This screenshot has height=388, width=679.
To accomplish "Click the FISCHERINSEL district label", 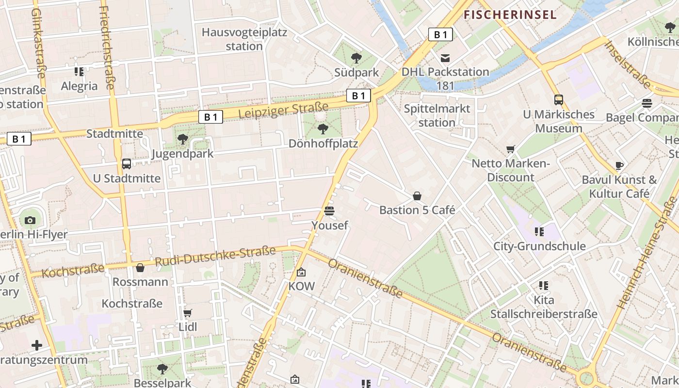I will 510,15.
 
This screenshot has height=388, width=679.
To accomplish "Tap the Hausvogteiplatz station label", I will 244,39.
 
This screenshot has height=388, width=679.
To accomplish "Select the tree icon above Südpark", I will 356,58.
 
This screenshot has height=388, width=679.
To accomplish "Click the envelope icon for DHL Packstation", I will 445,58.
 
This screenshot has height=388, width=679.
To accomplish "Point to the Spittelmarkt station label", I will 437,115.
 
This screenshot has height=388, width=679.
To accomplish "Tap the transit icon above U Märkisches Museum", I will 559,100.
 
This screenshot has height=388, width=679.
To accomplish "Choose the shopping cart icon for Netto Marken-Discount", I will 510,149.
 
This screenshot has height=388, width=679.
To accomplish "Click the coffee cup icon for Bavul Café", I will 619,165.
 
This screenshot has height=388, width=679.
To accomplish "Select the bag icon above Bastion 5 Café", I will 417,196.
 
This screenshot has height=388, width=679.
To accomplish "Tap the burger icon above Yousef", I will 329,211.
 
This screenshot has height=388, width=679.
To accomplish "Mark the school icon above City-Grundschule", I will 539,232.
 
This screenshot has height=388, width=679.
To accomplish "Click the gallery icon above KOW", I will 301,272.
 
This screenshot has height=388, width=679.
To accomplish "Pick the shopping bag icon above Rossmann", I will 140,268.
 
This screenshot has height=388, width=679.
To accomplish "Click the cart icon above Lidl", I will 188,313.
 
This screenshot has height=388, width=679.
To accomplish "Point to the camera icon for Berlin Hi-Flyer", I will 30,220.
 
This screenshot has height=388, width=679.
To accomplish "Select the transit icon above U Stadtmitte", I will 127,164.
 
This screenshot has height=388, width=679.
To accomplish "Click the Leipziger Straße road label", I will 284,110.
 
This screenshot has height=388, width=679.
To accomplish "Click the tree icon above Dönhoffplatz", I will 323,129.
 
